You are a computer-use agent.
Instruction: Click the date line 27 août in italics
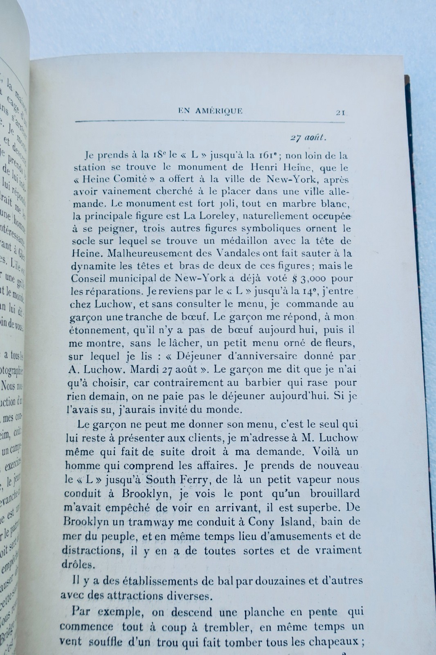308,138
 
